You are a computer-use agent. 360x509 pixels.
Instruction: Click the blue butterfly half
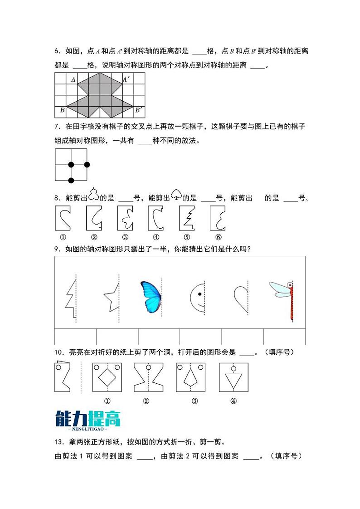tap(151, 297)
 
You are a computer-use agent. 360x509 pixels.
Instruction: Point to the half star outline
tap(112, 297)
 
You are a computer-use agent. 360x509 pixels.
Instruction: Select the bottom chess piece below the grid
tap(71, 181)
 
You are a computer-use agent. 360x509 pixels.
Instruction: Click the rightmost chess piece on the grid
tap(87, 164)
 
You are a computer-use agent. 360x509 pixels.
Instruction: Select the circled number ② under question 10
tap(146, 401)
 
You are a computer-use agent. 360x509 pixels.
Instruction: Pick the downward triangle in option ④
tap(234, 380)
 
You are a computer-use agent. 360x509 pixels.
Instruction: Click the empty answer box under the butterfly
tap(159, 337)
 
